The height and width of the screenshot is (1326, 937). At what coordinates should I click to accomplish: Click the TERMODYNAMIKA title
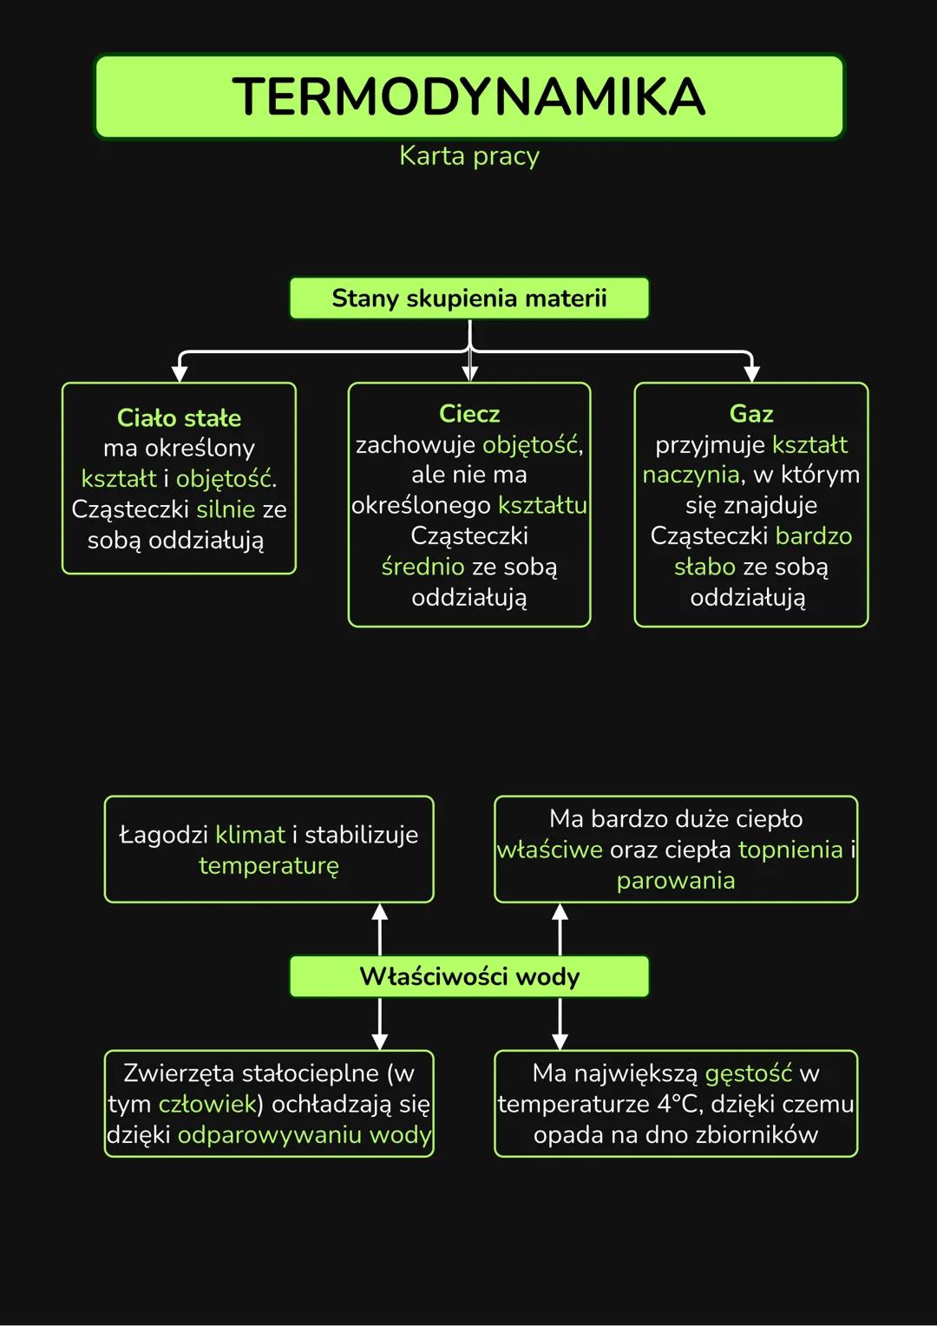click(468, 96)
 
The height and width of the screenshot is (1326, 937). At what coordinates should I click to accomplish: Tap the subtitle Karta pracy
click(468, 156)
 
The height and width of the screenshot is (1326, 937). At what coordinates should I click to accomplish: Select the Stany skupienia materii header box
click(468, 299)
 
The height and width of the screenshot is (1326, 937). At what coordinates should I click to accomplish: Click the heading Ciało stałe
click(179, 418)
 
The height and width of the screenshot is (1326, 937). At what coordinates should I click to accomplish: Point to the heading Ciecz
click(468, 414)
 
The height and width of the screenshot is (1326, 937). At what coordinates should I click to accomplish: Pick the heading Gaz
click(751, 414)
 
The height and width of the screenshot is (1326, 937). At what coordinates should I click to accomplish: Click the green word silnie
click(226, 509)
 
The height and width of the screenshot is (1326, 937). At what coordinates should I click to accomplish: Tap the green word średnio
click(423, 567)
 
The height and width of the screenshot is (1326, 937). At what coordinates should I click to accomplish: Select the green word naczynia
click(691, 475)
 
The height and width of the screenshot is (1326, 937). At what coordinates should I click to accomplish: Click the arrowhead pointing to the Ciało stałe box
click(180, 373)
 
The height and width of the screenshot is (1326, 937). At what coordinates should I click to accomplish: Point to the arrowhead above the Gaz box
click(751, 373)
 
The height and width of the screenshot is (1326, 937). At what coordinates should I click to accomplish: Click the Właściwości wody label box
click(468, 977)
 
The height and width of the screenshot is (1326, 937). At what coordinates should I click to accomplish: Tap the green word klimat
click(250, 835)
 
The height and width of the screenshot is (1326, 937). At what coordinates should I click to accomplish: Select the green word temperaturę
click(269, 866)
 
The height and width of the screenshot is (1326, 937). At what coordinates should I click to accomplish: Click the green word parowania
click(676, 881)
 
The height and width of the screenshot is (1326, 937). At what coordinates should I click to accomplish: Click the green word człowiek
click(207, 1104)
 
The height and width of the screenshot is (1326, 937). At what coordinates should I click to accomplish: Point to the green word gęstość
click(748, 1073)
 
